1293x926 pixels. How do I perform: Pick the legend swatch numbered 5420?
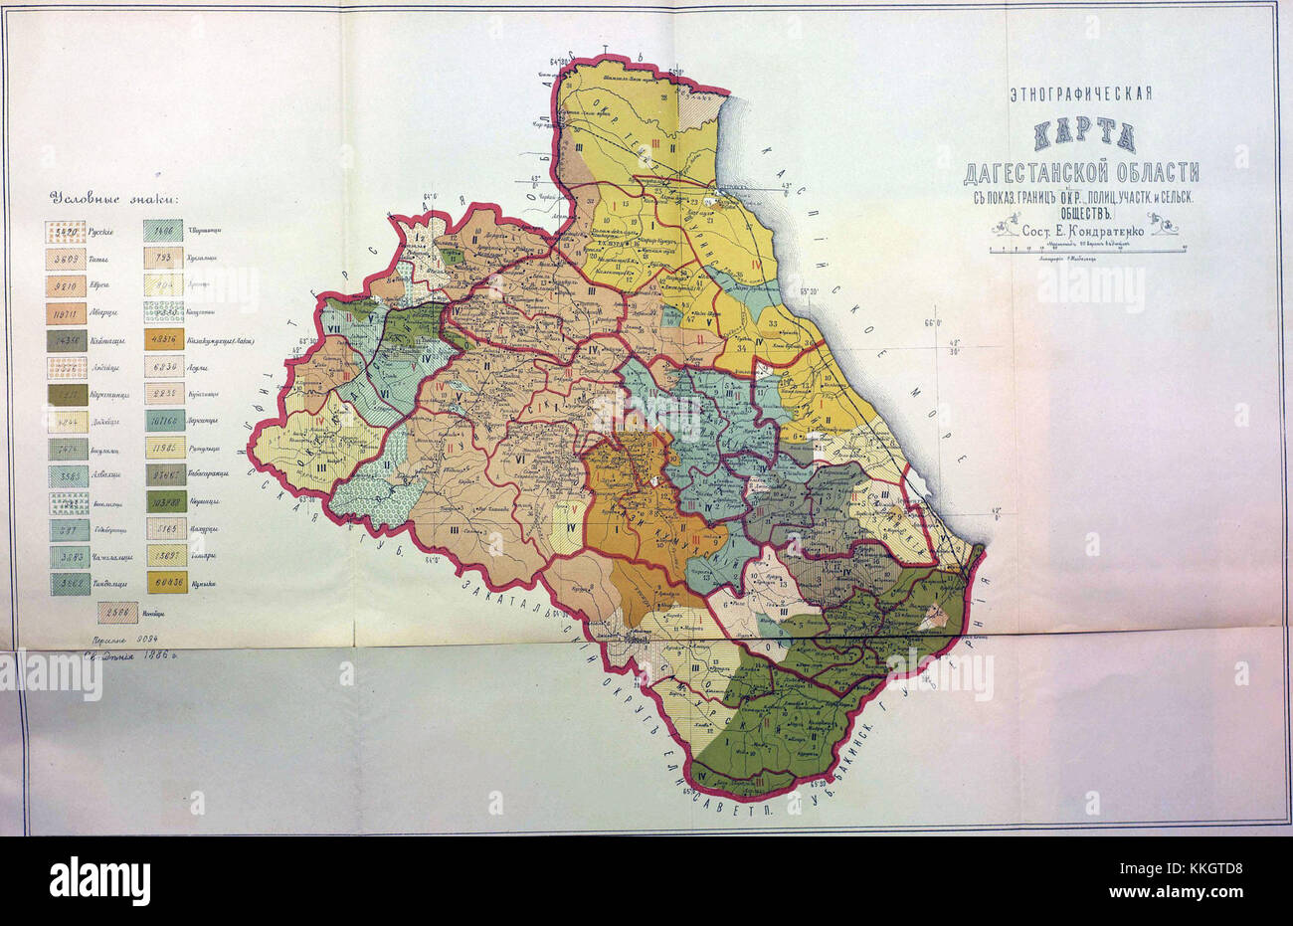65,233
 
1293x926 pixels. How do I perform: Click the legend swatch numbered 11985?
165,448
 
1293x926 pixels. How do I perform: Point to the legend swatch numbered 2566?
117,613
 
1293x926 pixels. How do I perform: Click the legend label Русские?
99,233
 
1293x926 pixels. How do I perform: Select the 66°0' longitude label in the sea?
932,322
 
